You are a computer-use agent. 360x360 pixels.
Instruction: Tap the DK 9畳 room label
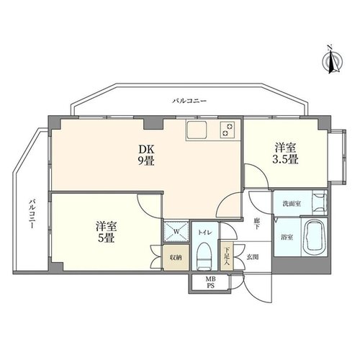[x=146, y=156]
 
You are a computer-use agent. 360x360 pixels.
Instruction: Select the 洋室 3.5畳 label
[x=286, y=153]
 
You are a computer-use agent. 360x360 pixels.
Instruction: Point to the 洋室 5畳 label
[x=107, y=232]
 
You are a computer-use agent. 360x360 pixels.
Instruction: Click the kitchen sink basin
[x=197, y=130]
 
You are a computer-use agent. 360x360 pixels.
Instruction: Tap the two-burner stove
[x=227, y=130]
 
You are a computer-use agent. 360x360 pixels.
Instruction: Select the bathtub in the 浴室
[x=314, y=238]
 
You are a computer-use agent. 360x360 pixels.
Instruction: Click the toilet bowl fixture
[x=204, y=257]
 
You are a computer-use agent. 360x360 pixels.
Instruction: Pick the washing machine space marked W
[x=176, y=231]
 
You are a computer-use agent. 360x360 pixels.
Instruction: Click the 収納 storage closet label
[x=176, y=258]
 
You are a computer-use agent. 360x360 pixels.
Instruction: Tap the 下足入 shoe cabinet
[x=226, y=256]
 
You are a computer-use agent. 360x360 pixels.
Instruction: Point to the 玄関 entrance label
[x=253, y=257]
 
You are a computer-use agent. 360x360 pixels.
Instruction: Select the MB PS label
[x=210, y=282]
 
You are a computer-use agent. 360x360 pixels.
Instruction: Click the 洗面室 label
[x=292, y=204]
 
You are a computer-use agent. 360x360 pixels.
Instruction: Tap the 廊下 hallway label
[x=256, y=223]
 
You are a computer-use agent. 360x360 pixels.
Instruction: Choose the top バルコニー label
[x=189, y=101]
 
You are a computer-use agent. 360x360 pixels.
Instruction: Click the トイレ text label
[x=204, y=233]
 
